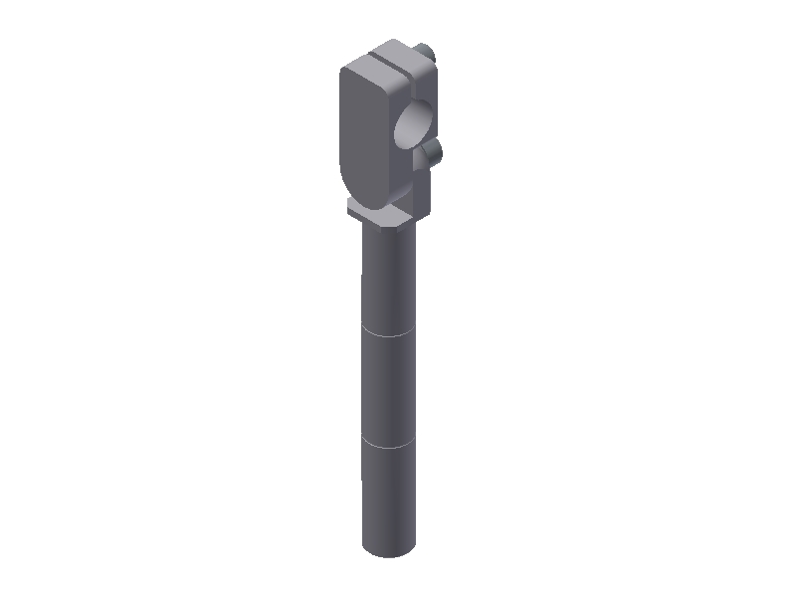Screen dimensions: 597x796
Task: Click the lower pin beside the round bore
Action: tap(433, 152)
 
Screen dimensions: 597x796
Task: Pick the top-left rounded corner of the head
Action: tap(345, 72)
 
